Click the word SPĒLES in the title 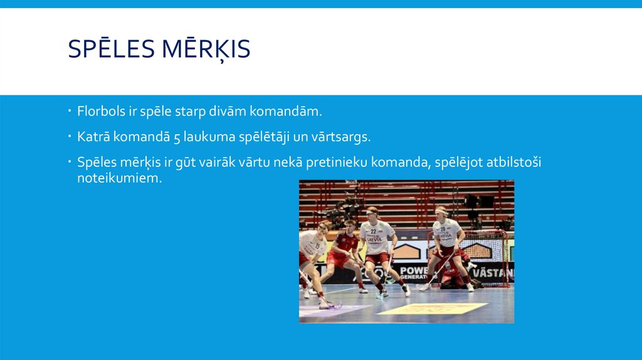[x=111, y=49]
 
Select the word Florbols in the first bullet [x=96, y=112]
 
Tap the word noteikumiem [x=115, y=178]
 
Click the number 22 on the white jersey [x=374, y=231]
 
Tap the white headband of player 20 [x=442, y=211]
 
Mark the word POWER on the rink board [x=414, y=269]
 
